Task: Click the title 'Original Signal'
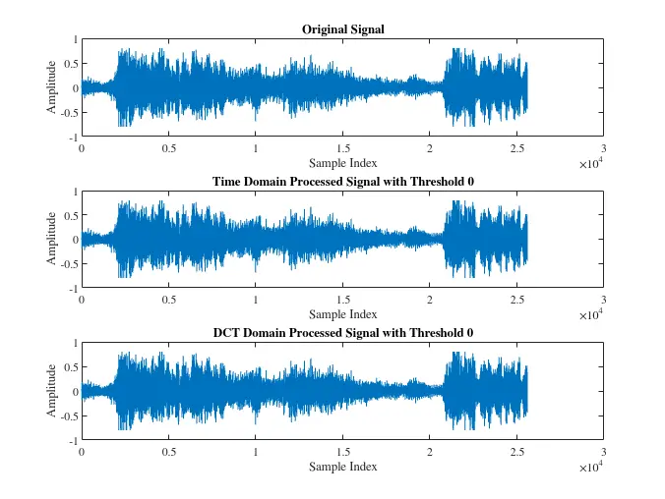tap(342, 29)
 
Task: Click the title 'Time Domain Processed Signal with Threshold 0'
tap(342, 182)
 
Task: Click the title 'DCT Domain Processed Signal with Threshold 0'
tap(342, 333)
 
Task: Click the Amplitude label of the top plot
tap(51, 88)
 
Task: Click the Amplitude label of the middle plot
tap(51, 240)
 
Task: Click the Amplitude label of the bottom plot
tap(51, 391)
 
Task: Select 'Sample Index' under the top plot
tap(342, 163)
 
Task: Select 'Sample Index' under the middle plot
tap(342, 314)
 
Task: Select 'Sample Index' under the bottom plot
tap(342, 466)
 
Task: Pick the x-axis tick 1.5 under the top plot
tap(342, 149)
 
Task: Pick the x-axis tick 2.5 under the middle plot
tap(516, 301)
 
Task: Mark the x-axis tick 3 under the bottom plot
tap(603, 452)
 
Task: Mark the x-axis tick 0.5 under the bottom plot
tap(168, 452)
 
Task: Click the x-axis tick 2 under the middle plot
tap(429, 301)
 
